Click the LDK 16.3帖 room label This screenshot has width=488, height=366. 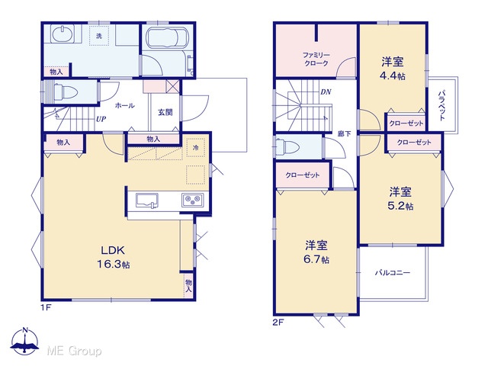(113, 257)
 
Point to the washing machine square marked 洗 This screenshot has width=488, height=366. (99, 36)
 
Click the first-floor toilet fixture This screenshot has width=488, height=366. (65, 92)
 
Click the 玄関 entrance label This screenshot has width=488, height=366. (165, 112)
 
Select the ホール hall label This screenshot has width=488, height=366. (124, 105)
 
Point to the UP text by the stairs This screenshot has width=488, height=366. (101, 119)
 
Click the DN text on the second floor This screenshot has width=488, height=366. (326, 91)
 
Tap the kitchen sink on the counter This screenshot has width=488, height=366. (146, 201)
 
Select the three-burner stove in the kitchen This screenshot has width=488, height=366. (193, 200)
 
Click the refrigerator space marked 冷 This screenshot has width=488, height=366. (195, 147)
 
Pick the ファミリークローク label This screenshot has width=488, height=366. (316, 59)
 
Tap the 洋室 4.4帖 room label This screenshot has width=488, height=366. (393, 69)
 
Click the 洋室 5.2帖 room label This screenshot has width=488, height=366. (400, 198)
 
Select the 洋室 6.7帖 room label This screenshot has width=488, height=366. (316, 252)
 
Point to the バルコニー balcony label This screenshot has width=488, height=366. (392, 273)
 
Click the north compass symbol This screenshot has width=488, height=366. (25, 341)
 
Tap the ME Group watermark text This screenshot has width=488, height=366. (74, 352)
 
